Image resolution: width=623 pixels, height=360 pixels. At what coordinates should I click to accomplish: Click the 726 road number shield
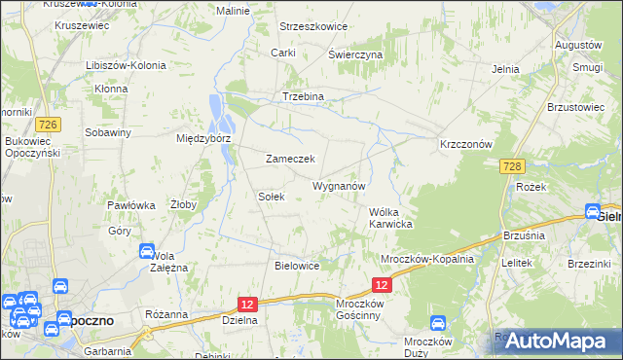point(48,125)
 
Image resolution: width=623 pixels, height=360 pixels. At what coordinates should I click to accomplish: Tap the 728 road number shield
point(515,167)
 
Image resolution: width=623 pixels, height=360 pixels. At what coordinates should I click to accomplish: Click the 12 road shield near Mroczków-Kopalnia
point(382,284)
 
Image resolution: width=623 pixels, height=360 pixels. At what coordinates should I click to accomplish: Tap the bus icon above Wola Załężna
point(146,250)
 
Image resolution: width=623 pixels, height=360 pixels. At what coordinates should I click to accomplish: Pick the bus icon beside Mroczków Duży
point(437,322)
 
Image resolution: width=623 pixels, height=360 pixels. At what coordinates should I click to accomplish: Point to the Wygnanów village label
point(338,185)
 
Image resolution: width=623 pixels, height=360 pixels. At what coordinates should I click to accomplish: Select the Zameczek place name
point(289,159)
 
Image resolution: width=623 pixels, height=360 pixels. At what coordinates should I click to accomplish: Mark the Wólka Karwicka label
point(391,218)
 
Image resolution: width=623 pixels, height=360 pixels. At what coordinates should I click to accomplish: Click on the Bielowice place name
point(298,265)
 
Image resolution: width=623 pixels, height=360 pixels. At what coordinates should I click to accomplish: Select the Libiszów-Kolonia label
point(127,65)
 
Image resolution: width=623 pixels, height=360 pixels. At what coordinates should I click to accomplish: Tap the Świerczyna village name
point(355,55)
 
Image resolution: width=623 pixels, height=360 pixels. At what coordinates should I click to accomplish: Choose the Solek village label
point(271,196)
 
